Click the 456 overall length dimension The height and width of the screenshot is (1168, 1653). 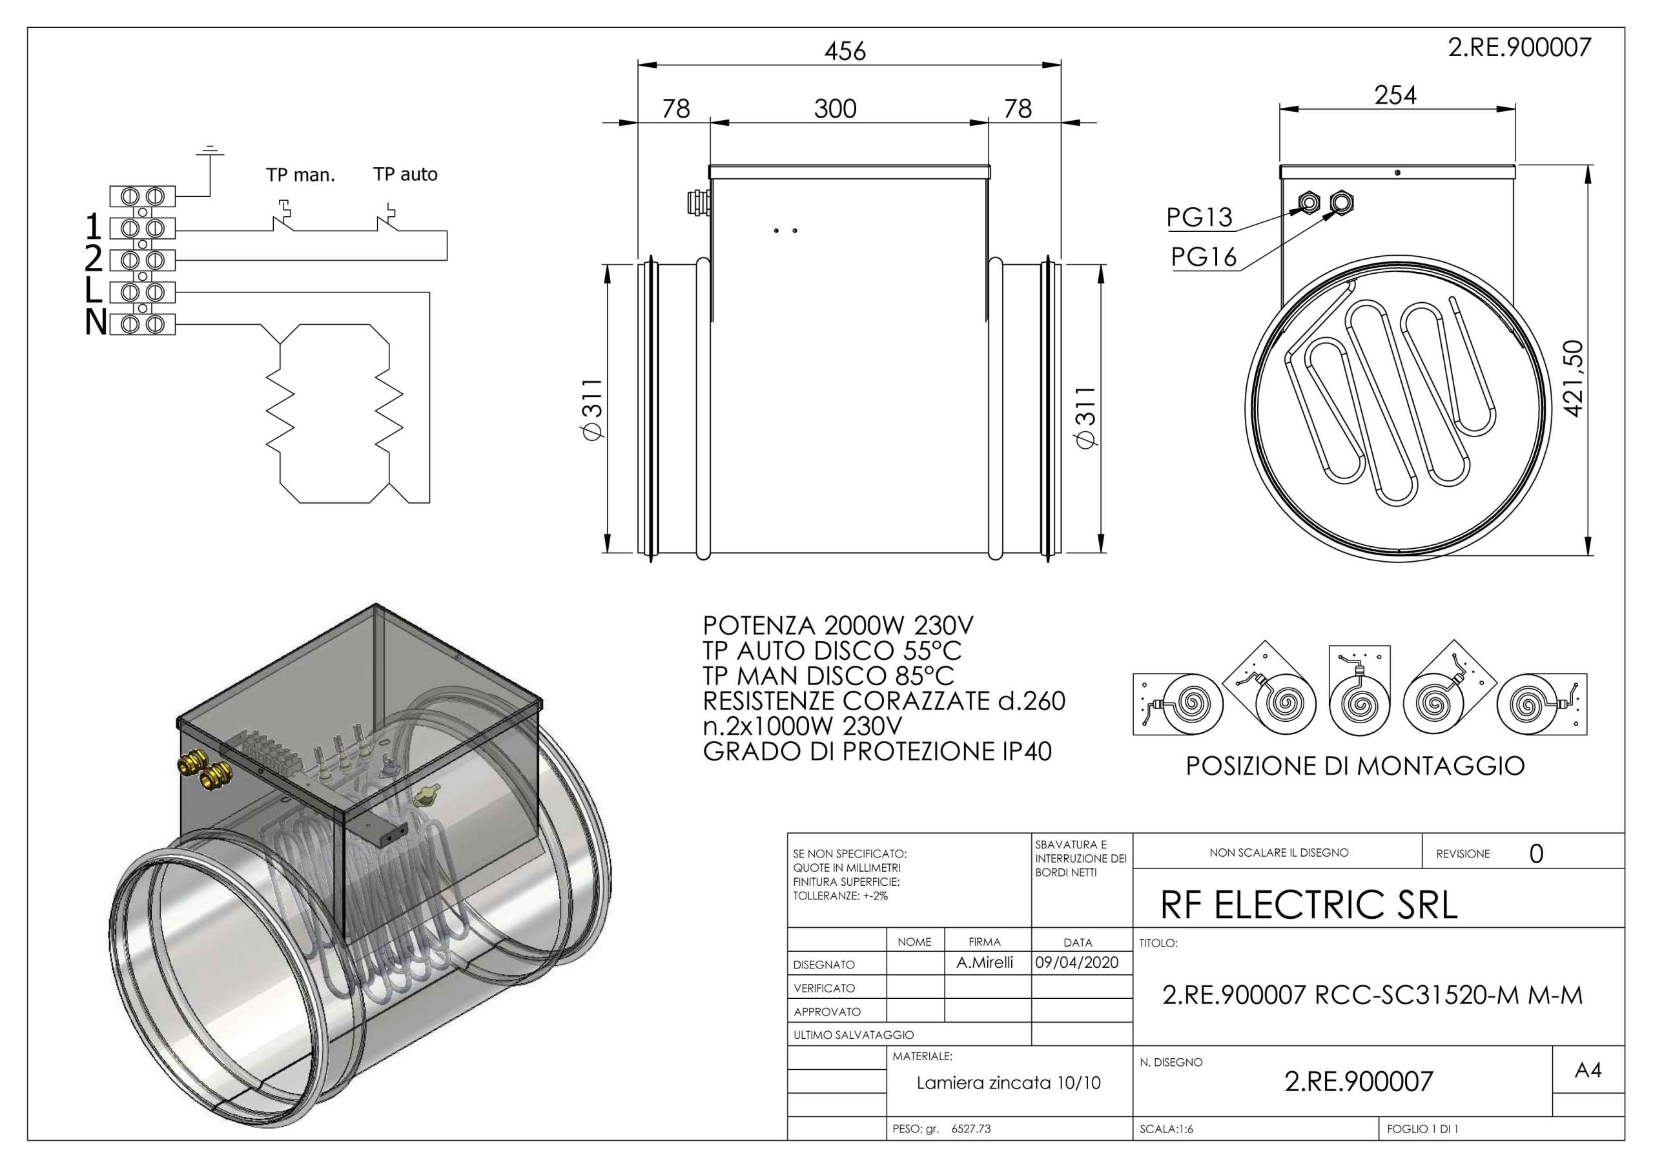[x=845, y=51]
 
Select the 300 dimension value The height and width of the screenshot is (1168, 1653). [x=835, y=108]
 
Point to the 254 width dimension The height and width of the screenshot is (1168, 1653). [x=1395, y=95]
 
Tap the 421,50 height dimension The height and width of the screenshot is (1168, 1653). [x=1574, y=378]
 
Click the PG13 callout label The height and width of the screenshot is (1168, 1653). [x=1200, y=217]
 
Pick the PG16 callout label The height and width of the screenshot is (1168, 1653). [x=1204, y=256]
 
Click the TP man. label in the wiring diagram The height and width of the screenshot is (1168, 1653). [x=300, y=174]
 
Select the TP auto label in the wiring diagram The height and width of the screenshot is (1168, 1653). [x=406, y=174]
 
